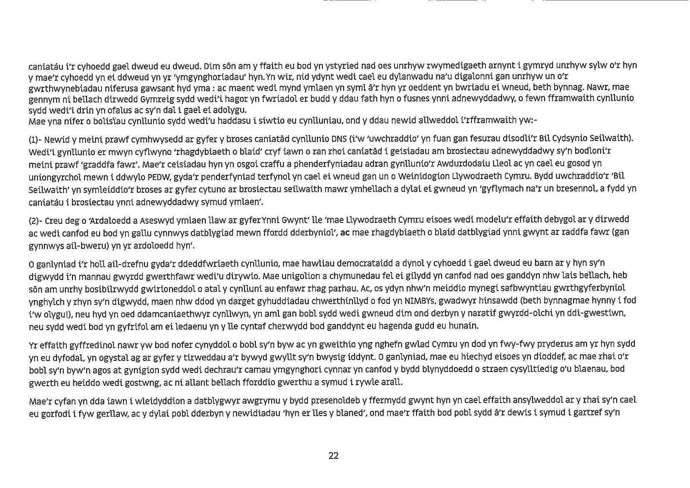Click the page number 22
point(333,456)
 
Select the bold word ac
point(344,232)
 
